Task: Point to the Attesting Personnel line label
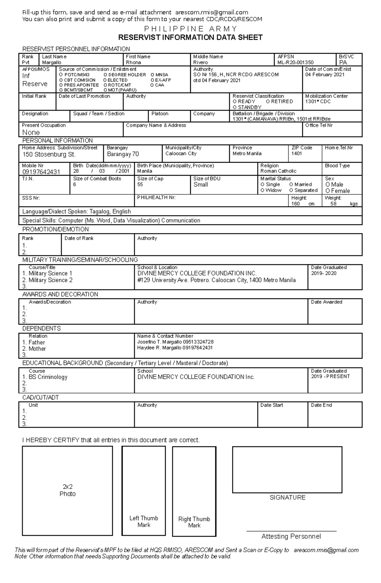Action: click(291, 536)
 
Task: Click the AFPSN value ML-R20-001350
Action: click(295, 63)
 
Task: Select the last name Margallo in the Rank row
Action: click(52, 63)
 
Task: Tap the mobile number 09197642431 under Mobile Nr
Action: click(41, 172)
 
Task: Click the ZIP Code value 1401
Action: click(297, 153)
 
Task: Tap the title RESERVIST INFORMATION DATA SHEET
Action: click(190, 37)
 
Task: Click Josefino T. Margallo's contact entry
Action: click(175, 342)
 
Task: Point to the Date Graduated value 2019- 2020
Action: click(324, 273)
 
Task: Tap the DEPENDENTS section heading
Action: click(41, 329)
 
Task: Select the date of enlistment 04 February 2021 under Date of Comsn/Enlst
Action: click(324, 75)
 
